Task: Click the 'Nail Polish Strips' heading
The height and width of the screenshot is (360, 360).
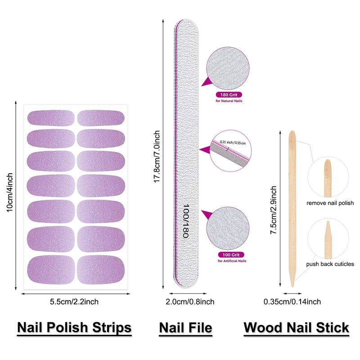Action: [74, 328]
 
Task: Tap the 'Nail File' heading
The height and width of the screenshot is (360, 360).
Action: [185, 328]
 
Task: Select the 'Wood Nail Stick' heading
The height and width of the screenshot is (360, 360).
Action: [296, 328]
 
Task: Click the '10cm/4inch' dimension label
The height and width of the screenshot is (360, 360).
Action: [9, 193]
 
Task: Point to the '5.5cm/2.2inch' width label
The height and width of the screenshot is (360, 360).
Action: [74, 301]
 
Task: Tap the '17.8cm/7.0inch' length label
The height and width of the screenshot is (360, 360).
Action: [157, 157]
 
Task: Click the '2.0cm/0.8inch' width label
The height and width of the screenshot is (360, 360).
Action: [190, 301]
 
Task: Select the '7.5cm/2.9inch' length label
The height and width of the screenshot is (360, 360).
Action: [273, 210]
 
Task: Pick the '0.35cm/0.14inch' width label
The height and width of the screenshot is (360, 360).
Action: [292, 301]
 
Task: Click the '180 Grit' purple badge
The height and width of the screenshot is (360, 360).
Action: [229, 94]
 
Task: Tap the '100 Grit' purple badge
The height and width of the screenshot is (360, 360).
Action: [231, 255]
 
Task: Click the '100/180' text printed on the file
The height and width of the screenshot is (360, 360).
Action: [186, 220]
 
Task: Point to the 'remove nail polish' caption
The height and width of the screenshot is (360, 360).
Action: [330, 203]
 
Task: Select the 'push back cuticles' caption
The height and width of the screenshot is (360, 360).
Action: [330, 264]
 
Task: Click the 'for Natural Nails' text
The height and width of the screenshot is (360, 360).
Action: [229, 101]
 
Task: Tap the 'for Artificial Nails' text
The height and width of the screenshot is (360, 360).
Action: [232, 261]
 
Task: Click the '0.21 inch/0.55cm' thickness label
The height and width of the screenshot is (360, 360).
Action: [233, 143]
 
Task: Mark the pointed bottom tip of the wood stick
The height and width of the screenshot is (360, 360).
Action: [292, 287]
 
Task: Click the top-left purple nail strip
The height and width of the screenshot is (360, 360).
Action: [51, 118]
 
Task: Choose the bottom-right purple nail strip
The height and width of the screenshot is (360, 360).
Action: [101, 270]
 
